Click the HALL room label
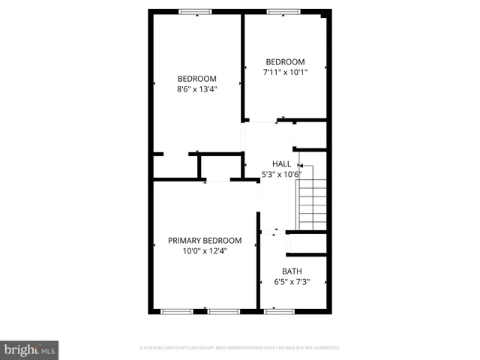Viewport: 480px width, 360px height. click(x=281, y=163)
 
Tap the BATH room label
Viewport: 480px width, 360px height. click(x=292, y=271)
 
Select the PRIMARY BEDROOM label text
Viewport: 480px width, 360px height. click(x=205, y=240)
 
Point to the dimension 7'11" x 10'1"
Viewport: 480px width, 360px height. click(x=285, y=73)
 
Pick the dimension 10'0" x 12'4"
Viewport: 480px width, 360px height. click(x=205, y=251)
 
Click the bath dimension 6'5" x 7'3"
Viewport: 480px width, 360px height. click(x=292, y=282)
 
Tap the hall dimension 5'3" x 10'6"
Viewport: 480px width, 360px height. click(x=281, y=175)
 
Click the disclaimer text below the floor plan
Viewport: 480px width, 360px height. click(x=240, y=347)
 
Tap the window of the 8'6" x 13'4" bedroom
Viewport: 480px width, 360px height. click(x=194, y=11)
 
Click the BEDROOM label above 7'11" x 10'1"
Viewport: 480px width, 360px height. click(x=285, y=61)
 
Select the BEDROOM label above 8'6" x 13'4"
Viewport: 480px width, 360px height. click(x=196, y=79)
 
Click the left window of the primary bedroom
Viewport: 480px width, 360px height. click(x=178, y=310)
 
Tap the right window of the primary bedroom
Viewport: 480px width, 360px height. click(x=223, y=310)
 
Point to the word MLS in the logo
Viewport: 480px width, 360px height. click(x=48, y=350)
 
